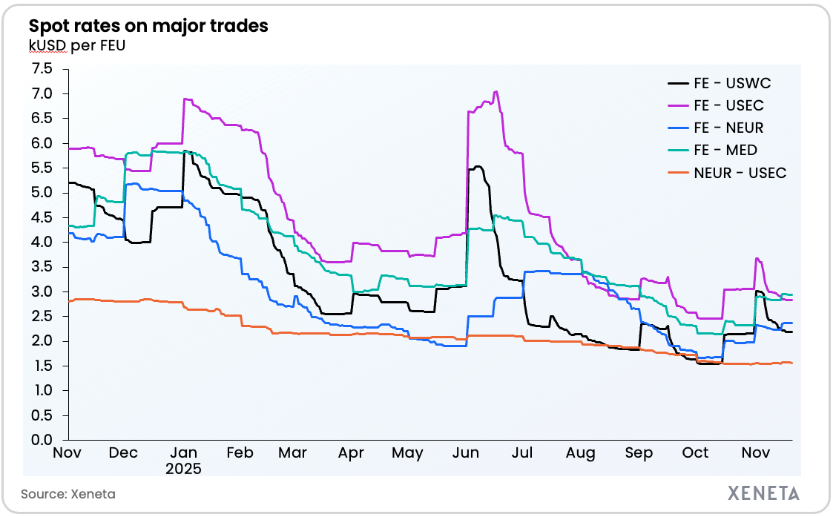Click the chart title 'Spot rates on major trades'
coord(148,26)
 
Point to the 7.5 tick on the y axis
coord(43,69)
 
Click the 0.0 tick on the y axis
coord(43,440)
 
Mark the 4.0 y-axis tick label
coord(43,242)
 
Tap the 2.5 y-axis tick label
coord(43,316)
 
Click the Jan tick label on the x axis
coord(183,453)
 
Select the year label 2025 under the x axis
coord(183,469)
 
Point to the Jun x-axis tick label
coord(467,453)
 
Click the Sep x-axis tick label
coord(639,453)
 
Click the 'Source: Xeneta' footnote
coord(68,494)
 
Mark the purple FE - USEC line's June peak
coord(495,92)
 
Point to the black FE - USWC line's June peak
coord(478,166)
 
